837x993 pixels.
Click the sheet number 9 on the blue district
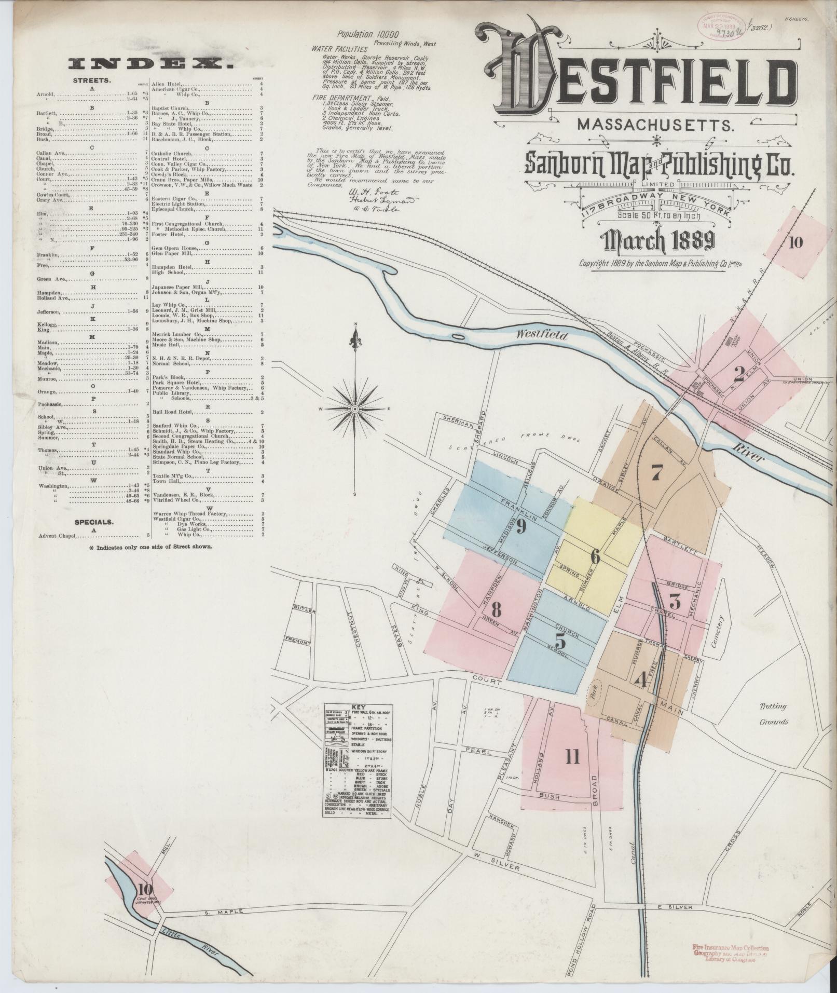coord(520,527)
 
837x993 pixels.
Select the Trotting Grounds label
coord(774,714)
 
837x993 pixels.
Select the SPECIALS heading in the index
coord(94,522)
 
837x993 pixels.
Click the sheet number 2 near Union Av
coord(738,373)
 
